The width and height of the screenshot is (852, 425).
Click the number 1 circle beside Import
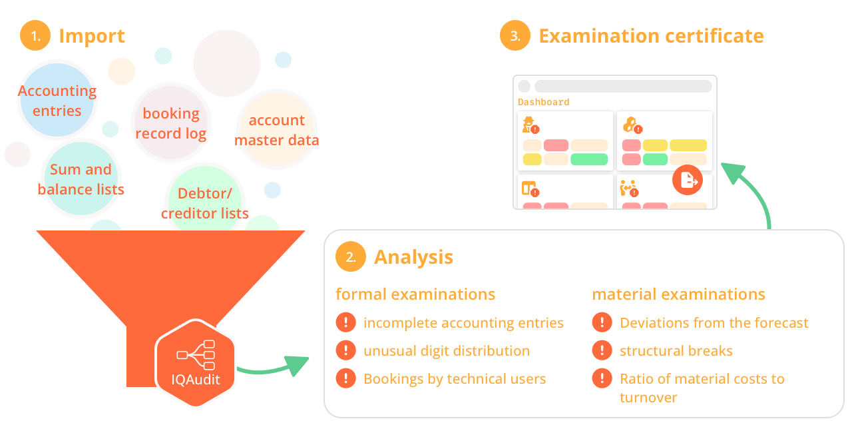(x=35, y=36)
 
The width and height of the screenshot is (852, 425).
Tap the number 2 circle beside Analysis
(x=351, y=257)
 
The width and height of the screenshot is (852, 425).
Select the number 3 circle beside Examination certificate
(x=515, y=36)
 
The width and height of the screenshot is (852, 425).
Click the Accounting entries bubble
(x=57, y=101)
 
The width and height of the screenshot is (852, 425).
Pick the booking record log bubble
(x=171, y=123)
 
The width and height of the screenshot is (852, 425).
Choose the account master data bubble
(x=277, y=130)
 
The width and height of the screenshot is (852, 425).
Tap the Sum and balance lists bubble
(x=81, y=179)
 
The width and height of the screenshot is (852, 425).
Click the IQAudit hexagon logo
(x=196, y=363)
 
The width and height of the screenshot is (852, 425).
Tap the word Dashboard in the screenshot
(x=544, y=103)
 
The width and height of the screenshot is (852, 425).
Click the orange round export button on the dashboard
(x=688, y=179)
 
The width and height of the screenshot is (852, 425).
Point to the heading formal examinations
(x=415, y=294)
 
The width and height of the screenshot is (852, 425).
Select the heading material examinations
(x=678, y=294)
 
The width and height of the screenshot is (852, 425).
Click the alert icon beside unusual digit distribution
(x=345, y=350)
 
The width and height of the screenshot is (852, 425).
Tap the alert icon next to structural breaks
(x=602, y=350)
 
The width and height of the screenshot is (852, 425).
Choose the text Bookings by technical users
(x=455, y=379)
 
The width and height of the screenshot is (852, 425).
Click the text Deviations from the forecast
(x=714, y=323)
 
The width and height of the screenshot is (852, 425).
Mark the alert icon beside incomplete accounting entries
(x=345, y=323)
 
